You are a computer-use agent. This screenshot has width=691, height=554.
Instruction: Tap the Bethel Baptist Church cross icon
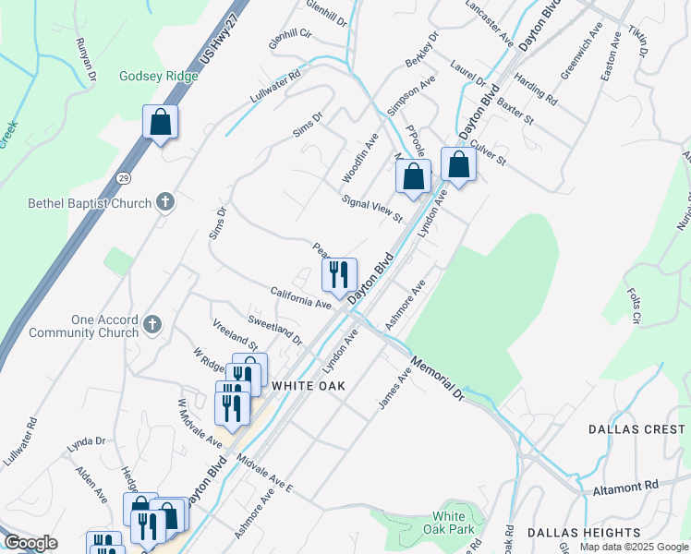tap(165, 201)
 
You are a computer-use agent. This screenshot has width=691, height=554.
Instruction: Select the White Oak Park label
tap(454, 523)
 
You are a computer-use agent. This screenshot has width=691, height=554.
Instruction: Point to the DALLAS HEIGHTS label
tap(584, 533)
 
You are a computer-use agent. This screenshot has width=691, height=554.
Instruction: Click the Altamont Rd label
tap(625, 485)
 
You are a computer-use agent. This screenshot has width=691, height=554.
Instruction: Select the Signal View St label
tap(372, 209)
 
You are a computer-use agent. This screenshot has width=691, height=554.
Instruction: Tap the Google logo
tap(31, 543)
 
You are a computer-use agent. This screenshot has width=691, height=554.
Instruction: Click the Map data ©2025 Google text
tap(634, 547)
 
